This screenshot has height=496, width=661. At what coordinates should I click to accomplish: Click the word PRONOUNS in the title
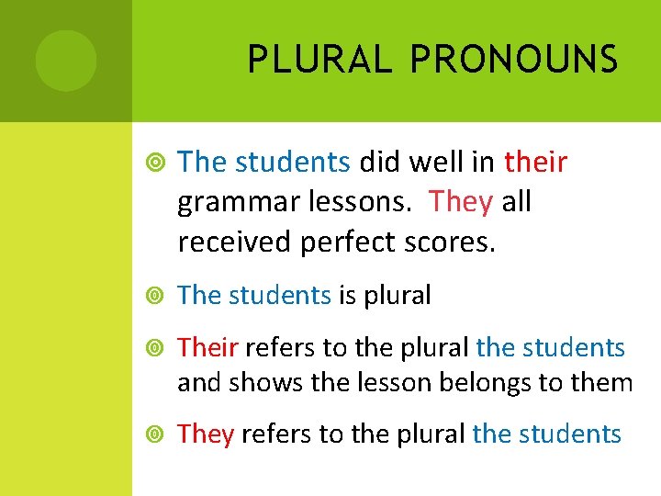coord(514,60)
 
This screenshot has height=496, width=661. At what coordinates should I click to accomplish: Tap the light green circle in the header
coord(66,61)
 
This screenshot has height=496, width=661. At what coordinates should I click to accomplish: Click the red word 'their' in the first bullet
coord(536,163)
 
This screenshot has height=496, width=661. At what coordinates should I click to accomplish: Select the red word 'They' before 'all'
coord(461,201)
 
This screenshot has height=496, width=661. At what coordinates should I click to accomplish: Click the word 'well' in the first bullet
coord(435,163)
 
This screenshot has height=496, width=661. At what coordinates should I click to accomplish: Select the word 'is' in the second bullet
coord(347,295)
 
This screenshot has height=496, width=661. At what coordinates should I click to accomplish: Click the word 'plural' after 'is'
coord(398,296)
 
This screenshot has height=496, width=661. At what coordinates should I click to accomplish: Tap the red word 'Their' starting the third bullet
coord(208,348)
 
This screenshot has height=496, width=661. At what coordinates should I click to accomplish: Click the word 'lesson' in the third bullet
coord(380,382)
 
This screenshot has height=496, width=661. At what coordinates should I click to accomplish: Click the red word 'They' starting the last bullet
coord(207,434)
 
